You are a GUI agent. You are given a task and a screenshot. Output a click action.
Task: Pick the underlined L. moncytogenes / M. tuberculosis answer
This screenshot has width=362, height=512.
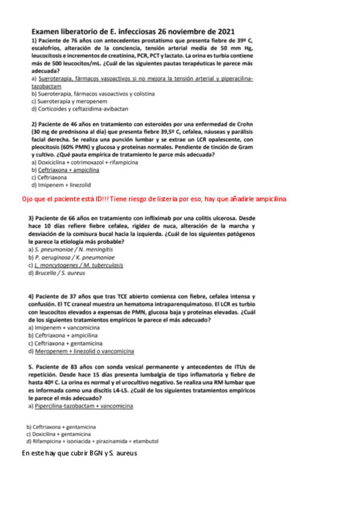tap(76, 264)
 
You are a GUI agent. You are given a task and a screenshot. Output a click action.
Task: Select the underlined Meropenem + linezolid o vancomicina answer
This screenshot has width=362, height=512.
tap(85, 351)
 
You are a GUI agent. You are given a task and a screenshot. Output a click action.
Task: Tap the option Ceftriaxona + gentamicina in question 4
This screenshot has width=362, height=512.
tap(67, 343)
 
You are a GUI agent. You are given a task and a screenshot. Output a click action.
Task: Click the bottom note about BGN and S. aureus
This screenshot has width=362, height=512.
tap(80, 453)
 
